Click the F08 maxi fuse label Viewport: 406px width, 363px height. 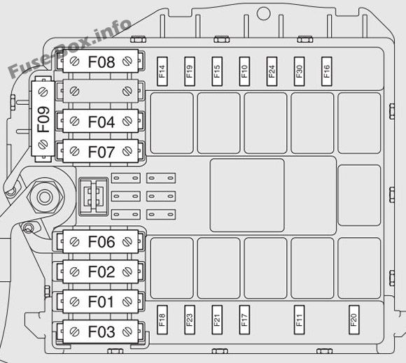[101, 62]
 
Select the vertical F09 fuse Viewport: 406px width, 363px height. [43, 119]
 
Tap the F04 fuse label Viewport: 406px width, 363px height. [101, 122]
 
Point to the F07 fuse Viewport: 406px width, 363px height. [101, 151]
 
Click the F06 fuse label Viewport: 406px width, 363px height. [101, 242]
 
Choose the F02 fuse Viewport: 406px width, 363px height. [101, 271]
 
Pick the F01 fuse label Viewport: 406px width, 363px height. [101, 301]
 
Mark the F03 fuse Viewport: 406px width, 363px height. [101, 332]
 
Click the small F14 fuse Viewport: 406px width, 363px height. [162, 71]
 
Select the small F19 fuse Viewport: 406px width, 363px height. [190, 71]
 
